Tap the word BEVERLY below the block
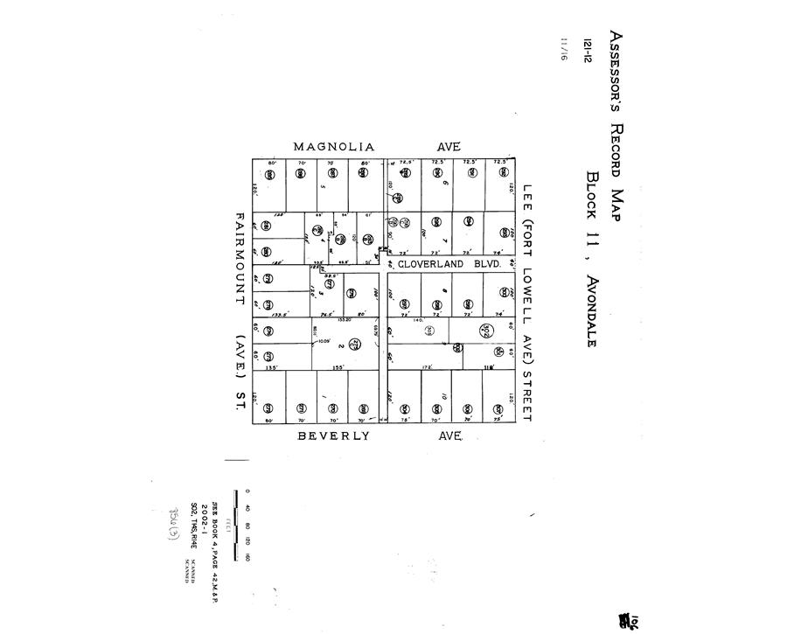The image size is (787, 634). [x=332, y=435]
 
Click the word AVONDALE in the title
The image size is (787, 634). [x=593, y=301]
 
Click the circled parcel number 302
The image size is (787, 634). [x=486, y=330]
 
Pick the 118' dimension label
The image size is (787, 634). [x=491, y=368]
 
